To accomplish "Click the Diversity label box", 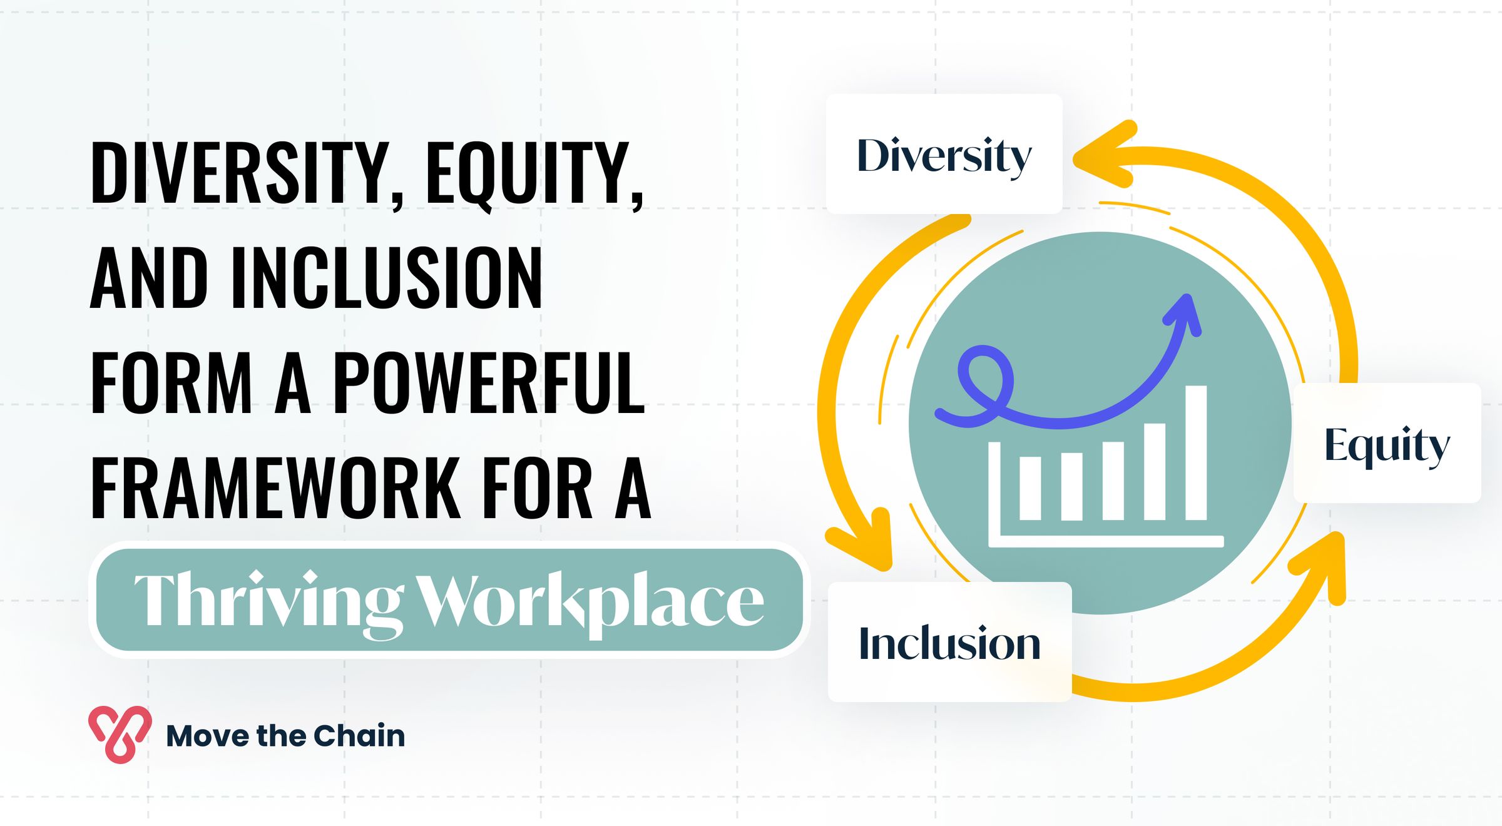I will coord(944,154).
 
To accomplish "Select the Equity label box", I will coord(1387,443).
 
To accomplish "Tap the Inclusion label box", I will coord(949,642).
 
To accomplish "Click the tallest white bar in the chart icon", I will coord(1196,452).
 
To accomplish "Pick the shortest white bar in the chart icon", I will coord(1030,488).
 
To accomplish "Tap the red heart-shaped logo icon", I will coord(120,734).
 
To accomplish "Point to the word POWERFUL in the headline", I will coord(489,382).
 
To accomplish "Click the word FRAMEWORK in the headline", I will coord(276,488).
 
